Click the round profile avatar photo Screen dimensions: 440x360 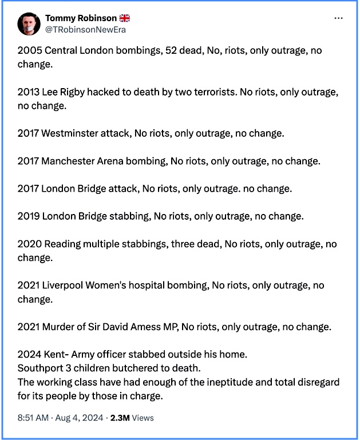[x=29, y=23]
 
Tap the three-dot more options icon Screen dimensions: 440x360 [x=339, y=18]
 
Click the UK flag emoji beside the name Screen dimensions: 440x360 [x=125, y=18]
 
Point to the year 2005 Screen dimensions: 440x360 [x=28, y=50]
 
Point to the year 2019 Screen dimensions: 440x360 [x=28, y=216]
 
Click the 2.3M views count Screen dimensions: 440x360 [x=120, y=418]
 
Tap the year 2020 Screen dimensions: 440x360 [x=28, y=244]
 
